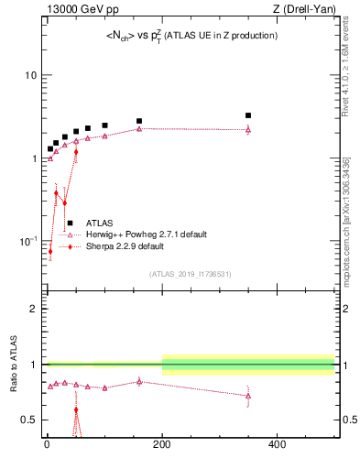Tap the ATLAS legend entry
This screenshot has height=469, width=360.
[100, 223]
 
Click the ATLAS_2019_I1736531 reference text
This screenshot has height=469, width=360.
[191, 274]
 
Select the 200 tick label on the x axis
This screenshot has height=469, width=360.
[162, 444]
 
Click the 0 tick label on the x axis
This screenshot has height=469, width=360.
[47, 444]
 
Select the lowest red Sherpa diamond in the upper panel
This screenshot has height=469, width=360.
[50, 251]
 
